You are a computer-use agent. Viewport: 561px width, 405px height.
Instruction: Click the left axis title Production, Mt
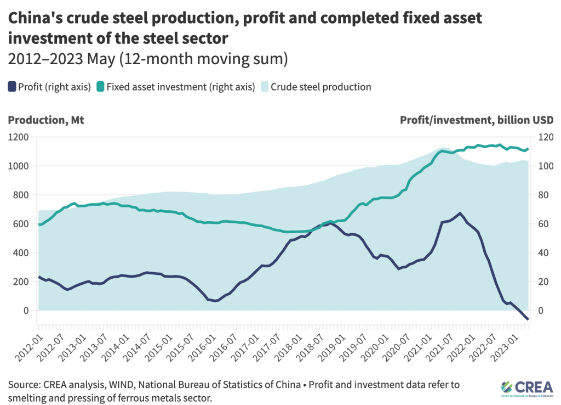coord(46,120)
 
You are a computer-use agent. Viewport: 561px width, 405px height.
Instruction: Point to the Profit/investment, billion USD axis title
coord(477,120)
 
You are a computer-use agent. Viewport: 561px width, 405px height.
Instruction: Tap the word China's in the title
coord(38,18)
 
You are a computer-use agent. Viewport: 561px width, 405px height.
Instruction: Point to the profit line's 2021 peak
coord(460,213)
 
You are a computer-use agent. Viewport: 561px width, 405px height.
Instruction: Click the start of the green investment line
coord(39,224)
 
